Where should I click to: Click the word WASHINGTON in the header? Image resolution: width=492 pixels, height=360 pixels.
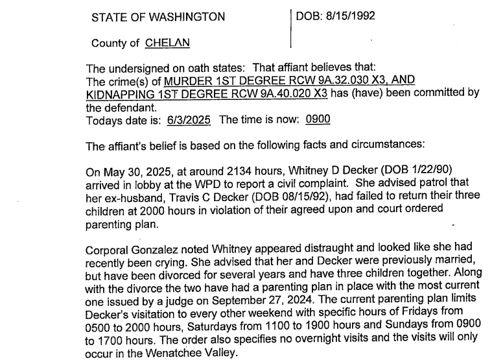point(188,17)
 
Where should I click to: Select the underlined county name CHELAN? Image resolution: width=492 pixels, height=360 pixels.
point(167,43)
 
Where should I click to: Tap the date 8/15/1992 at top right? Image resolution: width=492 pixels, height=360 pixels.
point(353,15)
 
